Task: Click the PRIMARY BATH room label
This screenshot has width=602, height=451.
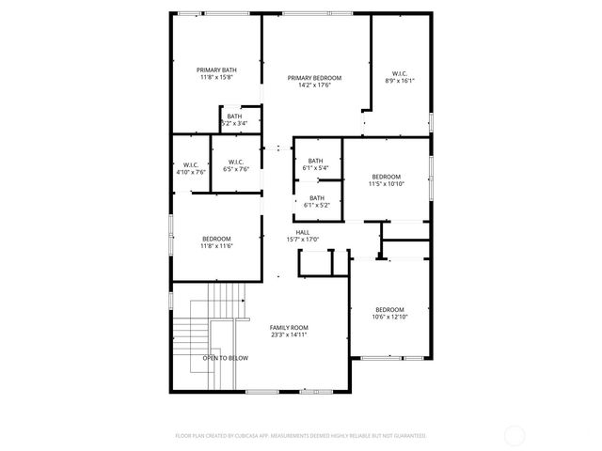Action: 215,70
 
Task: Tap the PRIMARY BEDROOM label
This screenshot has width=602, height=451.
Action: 314,78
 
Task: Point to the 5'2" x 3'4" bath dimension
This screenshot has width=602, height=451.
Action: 233,123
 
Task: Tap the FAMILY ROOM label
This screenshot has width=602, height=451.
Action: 289,327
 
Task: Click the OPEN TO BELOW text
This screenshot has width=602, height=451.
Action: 225,358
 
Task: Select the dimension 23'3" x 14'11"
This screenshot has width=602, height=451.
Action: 289,334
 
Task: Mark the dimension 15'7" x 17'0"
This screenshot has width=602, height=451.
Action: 303,240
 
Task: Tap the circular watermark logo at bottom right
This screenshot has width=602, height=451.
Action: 515,436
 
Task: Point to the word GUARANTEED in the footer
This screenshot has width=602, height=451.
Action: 405,436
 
